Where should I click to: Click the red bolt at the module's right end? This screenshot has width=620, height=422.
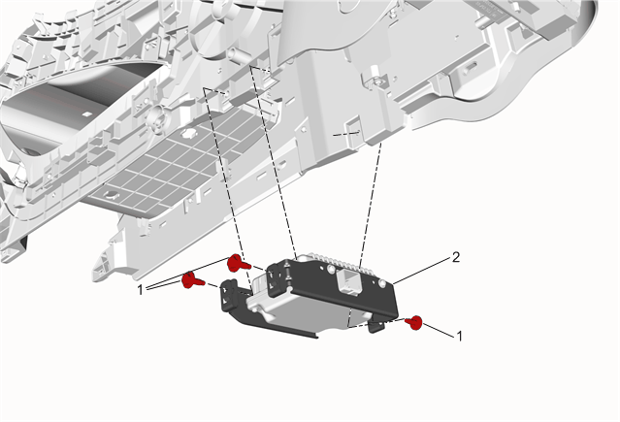(x=414, y=323)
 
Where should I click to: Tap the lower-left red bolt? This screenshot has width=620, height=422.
(x=192, y=280)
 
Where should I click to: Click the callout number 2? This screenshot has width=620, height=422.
(x=456, y=258)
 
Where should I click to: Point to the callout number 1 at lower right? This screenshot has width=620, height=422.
(x=459, y=337)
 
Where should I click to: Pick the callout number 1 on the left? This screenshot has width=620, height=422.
(x=140, y=290)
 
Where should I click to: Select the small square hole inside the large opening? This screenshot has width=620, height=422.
(x=86, y=114)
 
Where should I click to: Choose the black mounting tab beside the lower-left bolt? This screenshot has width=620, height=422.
(x=231, y=294)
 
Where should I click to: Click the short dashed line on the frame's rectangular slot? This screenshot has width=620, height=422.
(x=347, y=134)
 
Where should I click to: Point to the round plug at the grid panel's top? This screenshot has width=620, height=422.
(x=189, y=133)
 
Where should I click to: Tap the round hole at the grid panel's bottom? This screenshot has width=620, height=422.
(x=112, y=195)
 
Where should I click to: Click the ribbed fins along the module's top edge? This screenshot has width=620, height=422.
(x=336, y=261)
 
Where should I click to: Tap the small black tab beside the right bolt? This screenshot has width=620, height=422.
(x=376, y=326)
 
